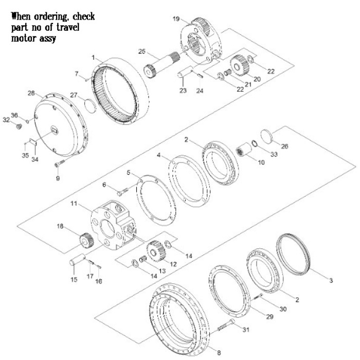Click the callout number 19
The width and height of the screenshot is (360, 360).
pyautogui.click(x=176, y=19)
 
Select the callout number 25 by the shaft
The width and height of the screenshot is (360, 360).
pyautogui.click(x=142, y=51)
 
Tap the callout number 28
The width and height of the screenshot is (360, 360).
pyautogui.click(x=30, y=94)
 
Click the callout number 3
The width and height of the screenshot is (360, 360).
pyautogui.click(x=331, y=280)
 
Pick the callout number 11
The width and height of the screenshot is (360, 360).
pyautogui.click(x=74, y=204)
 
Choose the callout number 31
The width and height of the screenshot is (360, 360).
pyautogui.click(x=245, y=330)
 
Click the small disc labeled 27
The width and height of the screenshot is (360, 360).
pyautogui.click(x=88, y=106)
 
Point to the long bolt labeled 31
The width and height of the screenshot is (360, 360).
pyautogui.click(x=226, y=325)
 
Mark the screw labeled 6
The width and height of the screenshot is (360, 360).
pyautogui.click(x=121, y=192)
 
